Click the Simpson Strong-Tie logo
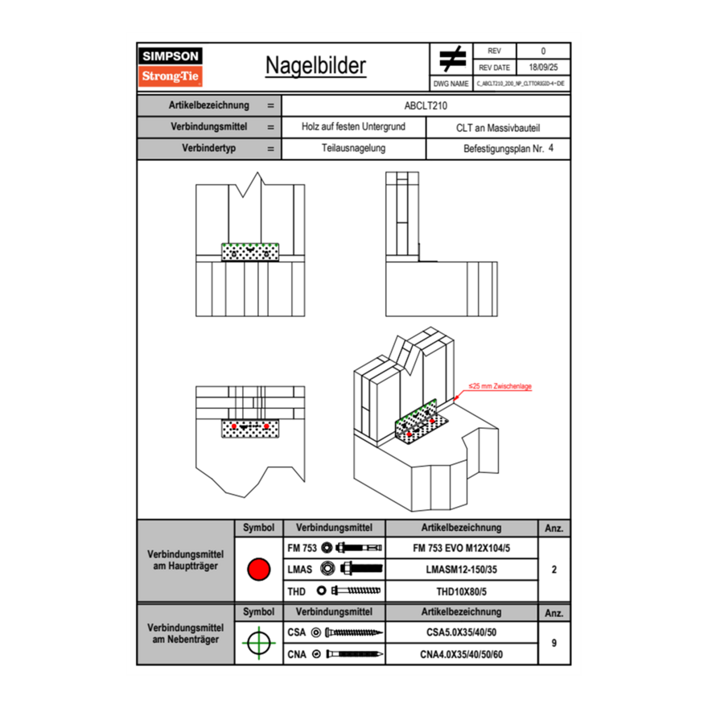[x=171, y=67]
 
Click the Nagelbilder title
[x=315, y=67]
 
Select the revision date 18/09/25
[x=542, y=68]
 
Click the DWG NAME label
[x=451, y=84]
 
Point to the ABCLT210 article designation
[x=426, y=105]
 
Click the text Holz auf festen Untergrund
[x=353, y=127]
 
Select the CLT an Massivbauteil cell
[x=497, y=127]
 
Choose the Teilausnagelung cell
[x=353, y=149]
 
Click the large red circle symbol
[x=258, y=570]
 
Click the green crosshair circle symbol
[x=258, y=642]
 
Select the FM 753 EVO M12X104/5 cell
[x=461, y=548]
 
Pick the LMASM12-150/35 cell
[x=461, y=570]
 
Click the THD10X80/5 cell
[x=461, y=591]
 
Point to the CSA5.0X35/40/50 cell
[x=461, y=632]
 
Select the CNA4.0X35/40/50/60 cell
[x=461, y=654]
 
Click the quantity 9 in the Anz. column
[x=554, y=643]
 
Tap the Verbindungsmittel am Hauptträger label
[x=185, y=562]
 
